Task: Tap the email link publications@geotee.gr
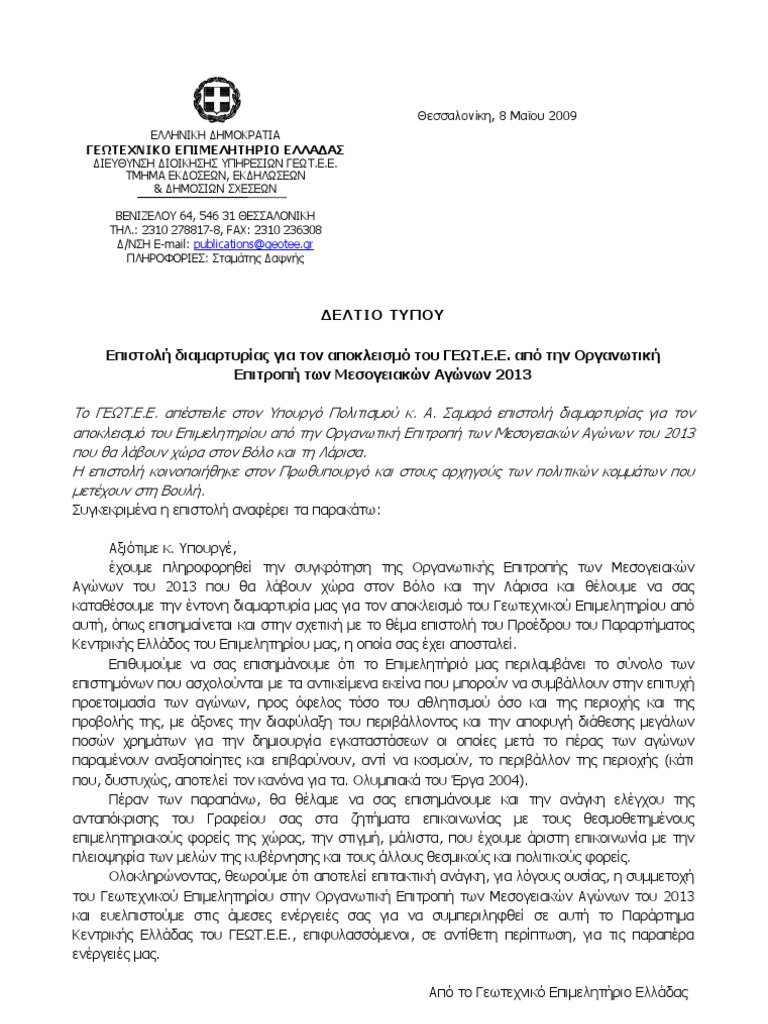[254, 243]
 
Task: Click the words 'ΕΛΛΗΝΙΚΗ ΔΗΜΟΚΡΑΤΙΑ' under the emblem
[215, 134]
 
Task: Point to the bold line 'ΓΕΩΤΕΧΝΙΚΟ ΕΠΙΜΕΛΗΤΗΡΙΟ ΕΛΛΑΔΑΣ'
[215, 147]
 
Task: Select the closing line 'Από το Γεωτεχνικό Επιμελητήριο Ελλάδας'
[558, 993]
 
